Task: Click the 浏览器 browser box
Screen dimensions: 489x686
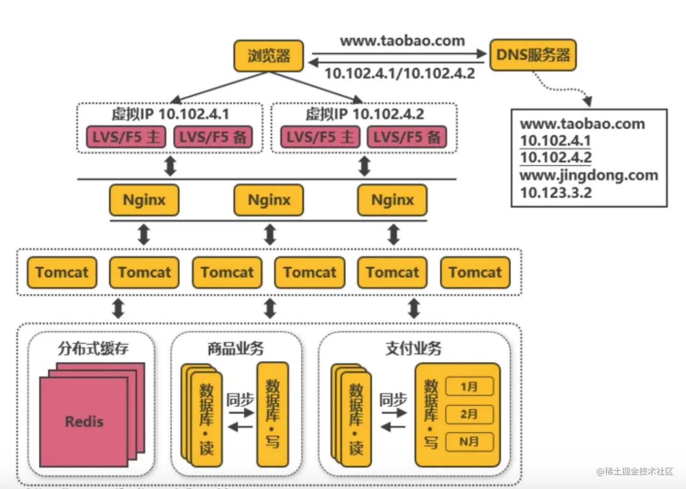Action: point(268,56)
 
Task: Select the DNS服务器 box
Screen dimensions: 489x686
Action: point(533,55)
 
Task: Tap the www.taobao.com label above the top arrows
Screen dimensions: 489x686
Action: point(402,41)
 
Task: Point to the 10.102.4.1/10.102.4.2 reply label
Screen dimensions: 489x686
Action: point(400,73)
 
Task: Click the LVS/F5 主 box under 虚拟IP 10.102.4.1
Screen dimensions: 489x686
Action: point(126,137)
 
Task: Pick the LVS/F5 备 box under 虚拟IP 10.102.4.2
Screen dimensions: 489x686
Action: point(407,137)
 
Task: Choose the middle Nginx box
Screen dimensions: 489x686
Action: point(269,200)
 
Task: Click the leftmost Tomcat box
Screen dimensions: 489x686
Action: point(62,272)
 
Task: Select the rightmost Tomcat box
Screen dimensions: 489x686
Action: point(475,272)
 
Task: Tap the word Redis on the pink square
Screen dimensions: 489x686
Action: point(84,422)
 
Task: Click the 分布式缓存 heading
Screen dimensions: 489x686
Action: point(93,348)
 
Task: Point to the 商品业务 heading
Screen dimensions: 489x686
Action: point(236,348)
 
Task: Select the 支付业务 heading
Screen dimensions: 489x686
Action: point(413,348)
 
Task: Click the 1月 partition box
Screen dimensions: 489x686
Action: point(469,386)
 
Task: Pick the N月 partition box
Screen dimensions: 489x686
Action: point(469,442)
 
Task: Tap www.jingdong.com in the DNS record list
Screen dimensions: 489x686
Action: point(589,175)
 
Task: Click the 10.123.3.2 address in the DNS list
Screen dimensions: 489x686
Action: point(556,193)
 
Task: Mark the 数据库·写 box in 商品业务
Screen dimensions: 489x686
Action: point(273,415)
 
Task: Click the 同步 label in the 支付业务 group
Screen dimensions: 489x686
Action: point(393,399)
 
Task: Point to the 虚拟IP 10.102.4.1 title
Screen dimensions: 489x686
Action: point(170,114)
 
